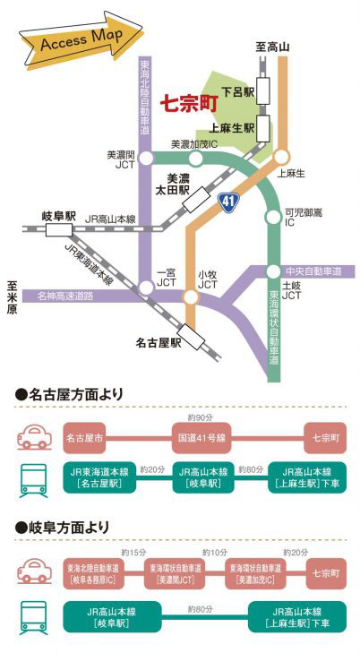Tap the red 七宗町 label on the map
tap(189, 104)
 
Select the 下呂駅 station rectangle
tap(263, 90)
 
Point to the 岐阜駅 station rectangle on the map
tap(59, 229)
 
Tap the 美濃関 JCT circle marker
tap(146, 159)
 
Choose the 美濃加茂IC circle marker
tap(195, 159)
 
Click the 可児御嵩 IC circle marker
tap(273, 217)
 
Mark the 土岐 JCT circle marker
tap(273, 272)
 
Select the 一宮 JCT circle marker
tap(146, 288)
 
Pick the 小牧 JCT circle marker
tap(191, 296)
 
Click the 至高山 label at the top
tap(272, 47)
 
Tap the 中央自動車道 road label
tap(313, 272)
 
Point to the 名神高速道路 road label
tap(65, 296)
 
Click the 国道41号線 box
tap(201, 438)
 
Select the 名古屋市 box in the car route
tap(84, 438)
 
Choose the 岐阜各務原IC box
tap(93, 573)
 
